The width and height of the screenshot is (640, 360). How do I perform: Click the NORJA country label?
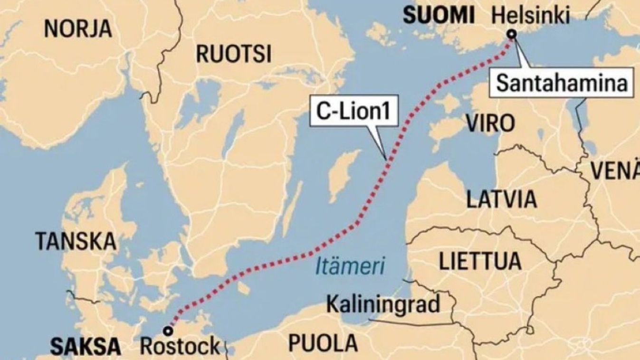coord(78,29)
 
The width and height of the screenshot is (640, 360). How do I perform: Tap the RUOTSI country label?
coord(234,54)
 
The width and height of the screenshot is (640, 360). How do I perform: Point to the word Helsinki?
coord(531,16)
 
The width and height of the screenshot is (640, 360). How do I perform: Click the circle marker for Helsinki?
coord(512,34)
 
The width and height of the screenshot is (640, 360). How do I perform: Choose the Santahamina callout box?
coord(562,84)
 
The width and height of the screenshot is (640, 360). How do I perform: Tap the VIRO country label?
coord(490,123)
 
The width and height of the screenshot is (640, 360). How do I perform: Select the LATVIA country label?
coord(502,199)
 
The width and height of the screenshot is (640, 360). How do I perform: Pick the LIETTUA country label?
coord(480,261)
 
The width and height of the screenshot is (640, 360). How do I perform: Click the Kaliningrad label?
coord(383,304)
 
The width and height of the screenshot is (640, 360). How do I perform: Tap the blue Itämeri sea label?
coord(350,266)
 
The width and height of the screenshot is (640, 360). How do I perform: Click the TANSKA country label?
coord(76,242)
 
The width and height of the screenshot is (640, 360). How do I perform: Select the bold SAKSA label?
coord(86,347)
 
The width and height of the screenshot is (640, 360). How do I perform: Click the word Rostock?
coord(180,346)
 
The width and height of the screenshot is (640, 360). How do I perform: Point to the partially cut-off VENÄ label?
coord(617,170)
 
